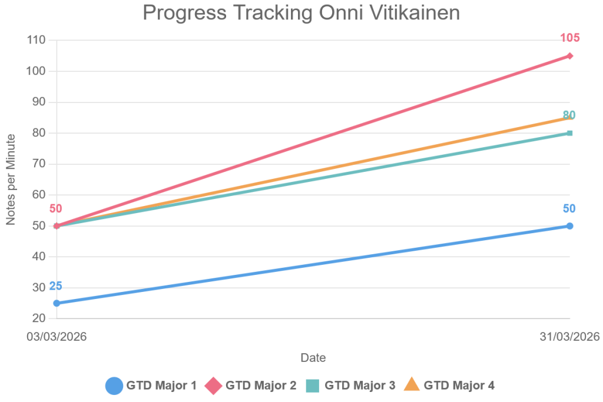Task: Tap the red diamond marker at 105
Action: [570, 56]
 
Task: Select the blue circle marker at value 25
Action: [57, 303]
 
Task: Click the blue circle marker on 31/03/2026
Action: [570, 226]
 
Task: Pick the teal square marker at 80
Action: [570, 133]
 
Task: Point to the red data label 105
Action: [570, 38]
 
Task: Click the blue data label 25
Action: [56, 286]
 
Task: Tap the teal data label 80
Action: [569, 115]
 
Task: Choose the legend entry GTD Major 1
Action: [151, 386]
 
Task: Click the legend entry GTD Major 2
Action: [250, 386]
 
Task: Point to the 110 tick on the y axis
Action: [37, 40]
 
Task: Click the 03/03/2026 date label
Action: [57, 337]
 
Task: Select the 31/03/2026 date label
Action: [570, 337]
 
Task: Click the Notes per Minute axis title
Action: [11, 180]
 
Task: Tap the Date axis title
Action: [313, 357]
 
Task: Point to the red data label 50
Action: [56, 209]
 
